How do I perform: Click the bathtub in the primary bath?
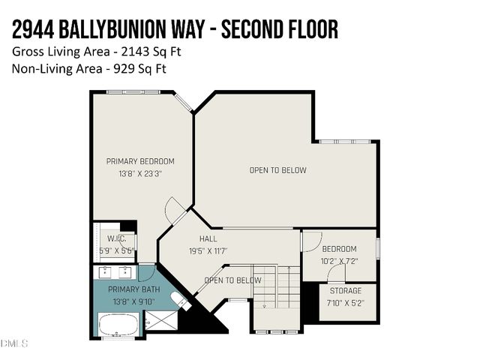pos(118,324)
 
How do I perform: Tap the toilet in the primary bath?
pos(178,300)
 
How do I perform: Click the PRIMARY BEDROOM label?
pos(140,161)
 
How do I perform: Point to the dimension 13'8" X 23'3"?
pos(140,173)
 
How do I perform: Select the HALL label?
pos(208,238)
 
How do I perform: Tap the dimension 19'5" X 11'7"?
pos(208,250)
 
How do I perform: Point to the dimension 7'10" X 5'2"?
pos(346,302)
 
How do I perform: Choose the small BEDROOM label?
pos(339,249)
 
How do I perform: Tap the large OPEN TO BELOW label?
pos(277,170)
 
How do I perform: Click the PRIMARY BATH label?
pos(133,289)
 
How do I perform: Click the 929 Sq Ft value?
pos(141,69)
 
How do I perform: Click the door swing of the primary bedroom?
pos(174,209)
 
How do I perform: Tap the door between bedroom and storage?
pos(335,273)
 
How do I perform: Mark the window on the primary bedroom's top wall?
pos(133,92)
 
